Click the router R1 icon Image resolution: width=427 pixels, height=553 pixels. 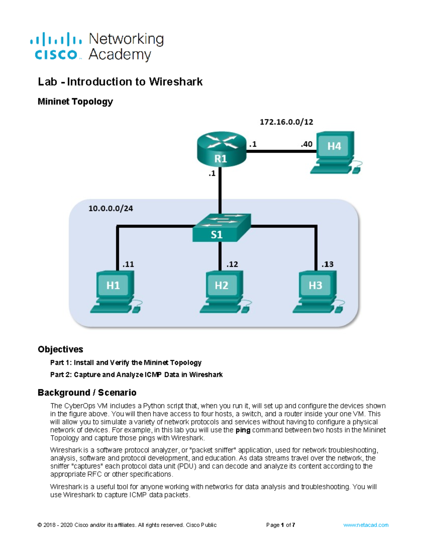[x=221, y=149]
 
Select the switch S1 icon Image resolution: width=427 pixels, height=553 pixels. [x=221, y=228]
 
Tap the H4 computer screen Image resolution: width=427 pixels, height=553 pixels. [x=334, y=146]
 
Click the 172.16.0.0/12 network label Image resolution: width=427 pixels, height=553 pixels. [x=286, y=122]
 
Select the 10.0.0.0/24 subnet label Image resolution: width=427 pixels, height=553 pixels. [x=111, y=209]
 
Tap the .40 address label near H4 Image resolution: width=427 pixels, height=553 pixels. [x=306, y=144]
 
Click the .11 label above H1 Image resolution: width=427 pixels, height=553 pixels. [x=128, y=264]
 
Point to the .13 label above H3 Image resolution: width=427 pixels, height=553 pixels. [x=327, y=264]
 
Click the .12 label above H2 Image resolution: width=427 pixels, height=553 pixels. [x=232, y=264]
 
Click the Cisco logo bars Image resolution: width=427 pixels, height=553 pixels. [x=56, y=39]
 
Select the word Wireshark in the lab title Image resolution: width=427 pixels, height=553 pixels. [x=176, y=82]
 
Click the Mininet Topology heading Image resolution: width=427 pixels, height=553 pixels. [x=75, y=101]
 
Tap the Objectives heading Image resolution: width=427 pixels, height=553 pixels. [x=60, y=349]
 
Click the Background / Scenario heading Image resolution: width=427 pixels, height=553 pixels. [x=87, y=392]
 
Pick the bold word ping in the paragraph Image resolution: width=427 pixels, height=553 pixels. [x=243, y=430]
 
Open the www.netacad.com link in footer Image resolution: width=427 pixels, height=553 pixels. [x=366, y=525]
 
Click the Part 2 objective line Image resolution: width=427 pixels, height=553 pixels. [x=136, y=375]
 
